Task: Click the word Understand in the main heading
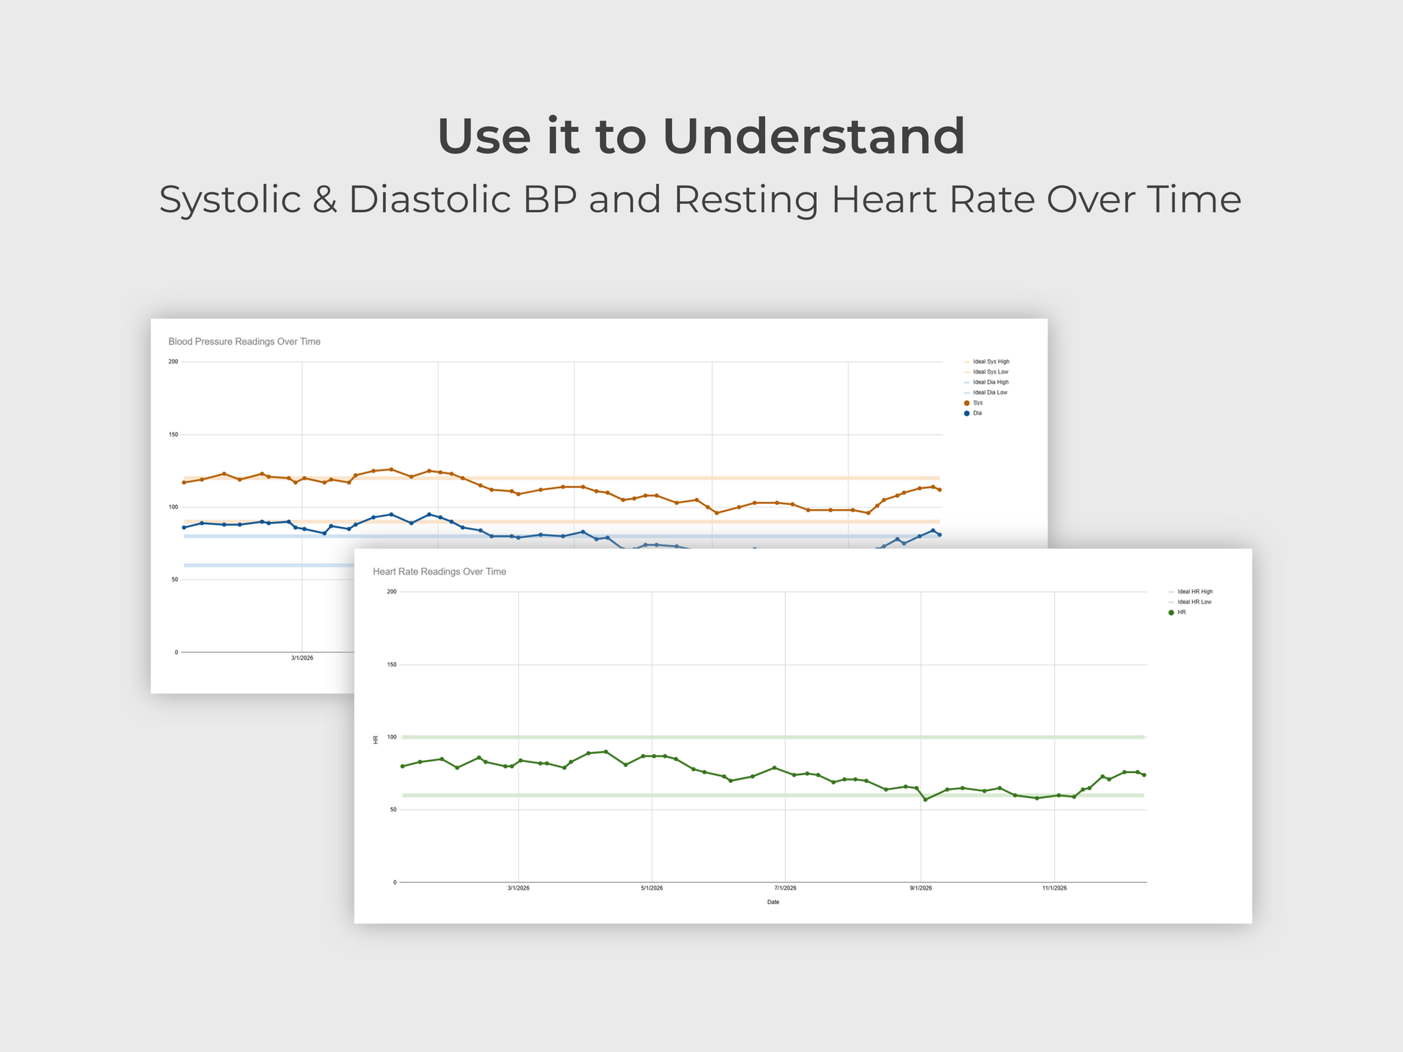click(x=813, y=136)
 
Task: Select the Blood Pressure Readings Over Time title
click(x=244, y=342)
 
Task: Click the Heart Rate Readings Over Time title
click(x=439, y=572)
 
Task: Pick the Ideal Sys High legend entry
click(x=991, y=362)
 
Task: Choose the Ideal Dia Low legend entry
click(x=990, y=393)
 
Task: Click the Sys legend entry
click(x=977, y=403)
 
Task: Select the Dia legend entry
click(x=977, y=413)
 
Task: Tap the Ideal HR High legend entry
click(x=1195, y=592)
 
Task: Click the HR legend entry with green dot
click(x=1181, y=612)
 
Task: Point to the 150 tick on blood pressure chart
click(x=173, y=435)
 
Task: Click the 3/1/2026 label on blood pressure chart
click(x=302, y=658)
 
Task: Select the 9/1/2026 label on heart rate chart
click(x=921, y=888)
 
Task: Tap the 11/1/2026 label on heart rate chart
click(x=1054, y=888)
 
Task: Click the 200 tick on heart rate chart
click(x=391, y=592)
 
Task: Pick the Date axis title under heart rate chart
click(x=773, y=902)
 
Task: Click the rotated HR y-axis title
click(x=376, y=740)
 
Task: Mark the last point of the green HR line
click(x=1144, y=775)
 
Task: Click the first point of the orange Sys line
click(x=184, y=482)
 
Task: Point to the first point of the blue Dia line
click(x=184, y=528)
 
